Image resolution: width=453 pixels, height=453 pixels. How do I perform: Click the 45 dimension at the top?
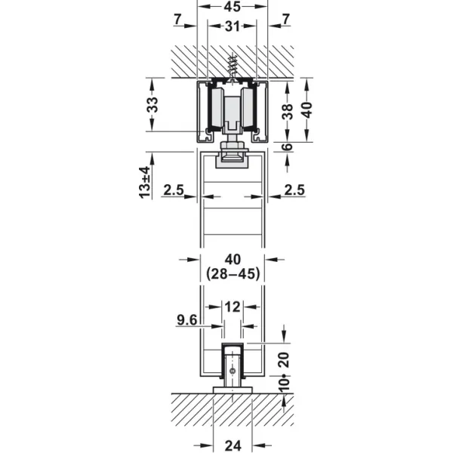click(x=233, y=7)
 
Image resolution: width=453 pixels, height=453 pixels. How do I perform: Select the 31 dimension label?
click(x=233, y=26)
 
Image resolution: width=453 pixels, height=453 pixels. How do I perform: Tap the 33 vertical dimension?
click(x=153, y=105)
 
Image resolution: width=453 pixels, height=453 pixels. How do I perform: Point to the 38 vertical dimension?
click(x=287, y=111)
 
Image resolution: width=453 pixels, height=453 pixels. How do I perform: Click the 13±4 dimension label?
click(x=145, y=182)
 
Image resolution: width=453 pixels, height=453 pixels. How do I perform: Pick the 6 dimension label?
click(x=287, y=146)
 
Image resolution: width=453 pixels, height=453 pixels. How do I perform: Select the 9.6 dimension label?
click(x=187, y=320)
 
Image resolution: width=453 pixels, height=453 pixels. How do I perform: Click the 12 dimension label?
click(x=233, y=307)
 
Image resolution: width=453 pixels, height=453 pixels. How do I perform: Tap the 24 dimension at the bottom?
click(x=233, y=445)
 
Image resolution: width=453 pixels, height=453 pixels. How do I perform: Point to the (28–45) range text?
click(x=233, y=273)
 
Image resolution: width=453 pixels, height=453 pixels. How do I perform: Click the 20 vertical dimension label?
click(x=285, y=359)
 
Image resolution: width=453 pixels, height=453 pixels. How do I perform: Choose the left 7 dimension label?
click(x=178, y=20)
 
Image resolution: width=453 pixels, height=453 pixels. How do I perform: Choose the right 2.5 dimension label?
click(x=294, y=190)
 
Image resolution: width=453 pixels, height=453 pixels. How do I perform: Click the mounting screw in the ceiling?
click(x=232, y=69)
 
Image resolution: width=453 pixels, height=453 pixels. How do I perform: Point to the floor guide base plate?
click(x=233, y=390)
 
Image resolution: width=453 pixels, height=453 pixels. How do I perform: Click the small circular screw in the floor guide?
click(x=232, y=371)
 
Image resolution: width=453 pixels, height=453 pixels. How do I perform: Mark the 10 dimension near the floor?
click(x=285, y=384)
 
